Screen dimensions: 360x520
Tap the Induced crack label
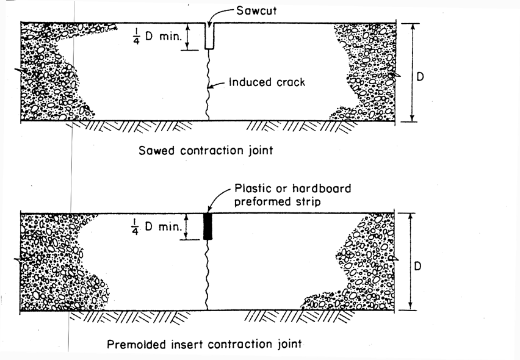click(x=267, y=82)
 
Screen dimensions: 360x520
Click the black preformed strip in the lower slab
click(x=208, y=226)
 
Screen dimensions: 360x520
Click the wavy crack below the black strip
click(x=208, y=275)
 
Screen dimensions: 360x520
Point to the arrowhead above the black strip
click(x=209, y=209)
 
